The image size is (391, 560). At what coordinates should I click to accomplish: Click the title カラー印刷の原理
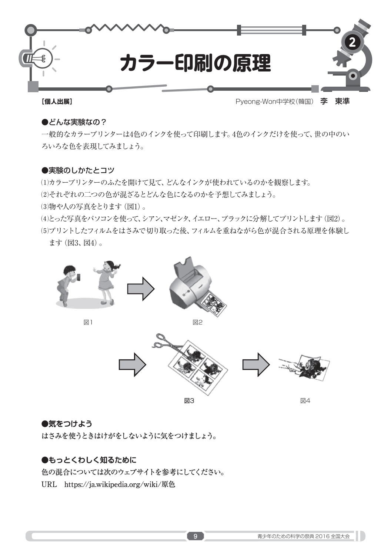(195, 63)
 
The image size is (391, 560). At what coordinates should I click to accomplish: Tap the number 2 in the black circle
(352, 43)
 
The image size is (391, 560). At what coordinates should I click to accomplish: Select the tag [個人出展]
(57, 101)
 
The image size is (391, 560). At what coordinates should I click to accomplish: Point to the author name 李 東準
(335, 101)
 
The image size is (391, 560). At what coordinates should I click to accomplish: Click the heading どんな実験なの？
(74, 122)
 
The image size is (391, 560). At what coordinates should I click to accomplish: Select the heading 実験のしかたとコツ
(78, 170)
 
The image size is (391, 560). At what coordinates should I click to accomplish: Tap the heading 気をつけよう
(67, 423)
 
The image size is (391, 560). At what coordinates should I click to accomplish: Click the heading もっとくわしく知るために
(89, 460)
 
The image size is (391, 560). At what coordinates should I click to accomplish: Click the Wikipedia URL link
(120, 484)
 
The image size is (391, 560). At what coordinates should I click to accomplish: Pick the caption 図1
(88, 322)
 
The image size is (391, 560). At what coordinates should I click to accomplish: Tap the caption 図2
(197, 322)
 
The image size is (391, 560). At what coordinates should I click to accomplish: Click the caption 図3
(189, 401)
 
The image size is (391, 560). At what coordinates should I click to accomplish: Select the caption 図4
(305, 401)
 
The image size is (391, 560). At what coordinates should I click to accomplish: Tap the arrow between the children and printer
(141, 289)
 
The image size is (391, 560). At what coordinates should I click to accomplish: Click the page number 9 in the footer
(195, 536)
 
